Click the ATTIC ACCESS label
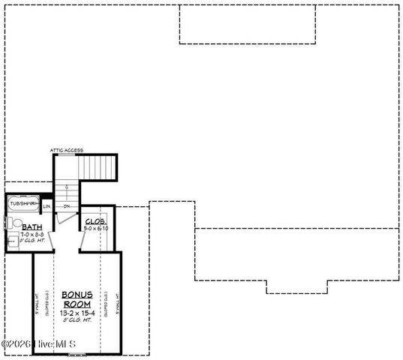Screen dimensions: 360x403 coord(66,151)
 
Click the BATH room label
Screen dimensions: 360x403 coord(32,226)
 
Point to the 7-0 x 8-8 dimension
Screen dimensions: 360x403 coord(31,234)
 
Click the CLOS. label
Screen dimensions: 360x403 coord(95,221)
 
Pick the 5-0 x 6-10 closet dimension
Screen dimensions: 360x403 coord(96,229)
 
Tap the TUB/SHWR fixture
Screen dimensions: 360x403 coord(23,202)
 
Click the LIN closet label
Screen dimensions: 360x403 coord(47,206)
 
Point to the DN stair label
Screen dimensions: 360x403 coord(66,206)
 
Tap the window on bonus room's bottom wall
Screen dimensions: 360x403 coord(77,352)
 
